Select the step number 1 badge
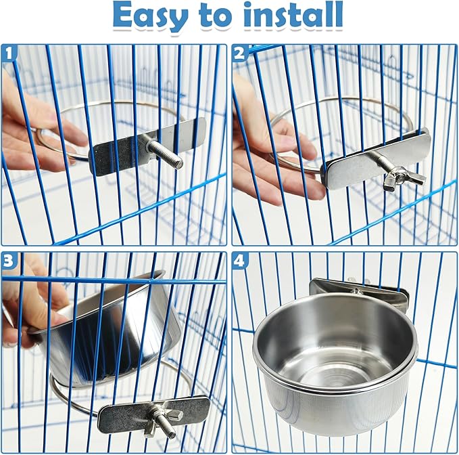pyautogui.click(x=9, y=53)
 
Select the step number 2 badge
pyautogui.click(x=240, y=53)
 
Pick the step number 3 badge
pyautogui.click(x=9, y=260)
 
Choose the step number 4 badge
pyautogui.click(x=240, y=260)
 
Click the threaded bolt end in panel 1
pyautogui.click(x=166, y=154)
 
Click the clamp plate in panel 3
pyautogui.click(x=153, y=414)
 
